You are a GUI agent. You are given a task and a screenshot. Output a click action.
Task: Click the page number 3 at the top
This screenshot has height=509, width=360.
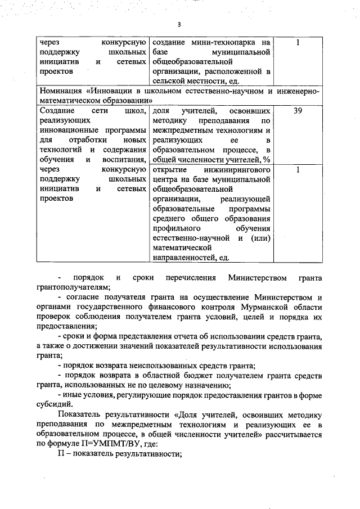[179, 24]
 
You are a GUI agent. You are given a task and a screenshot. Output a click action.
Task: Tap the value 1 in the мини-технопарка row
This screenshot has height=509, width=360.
[298, 42]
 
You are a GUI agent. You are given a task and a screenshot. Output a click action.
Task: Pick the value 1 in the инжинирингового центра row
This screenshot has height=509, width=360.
[298, 169]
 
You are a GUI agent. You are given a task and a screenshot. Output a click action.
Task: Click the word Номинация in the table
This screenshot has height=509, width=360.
[64, 91]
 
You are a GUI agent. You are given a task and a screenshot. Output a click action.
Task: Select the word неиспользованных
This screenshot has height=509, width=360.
[168, 366]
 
